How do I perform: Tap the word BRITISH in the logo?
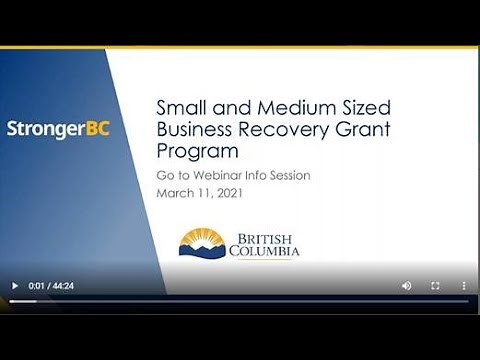(x=265, y=238)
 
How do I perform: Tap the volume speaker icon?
(x=407, y=285)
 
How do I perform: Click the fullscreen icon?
(x=435, y=285)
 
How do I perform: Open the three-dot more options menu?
(x=463, y=285)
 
